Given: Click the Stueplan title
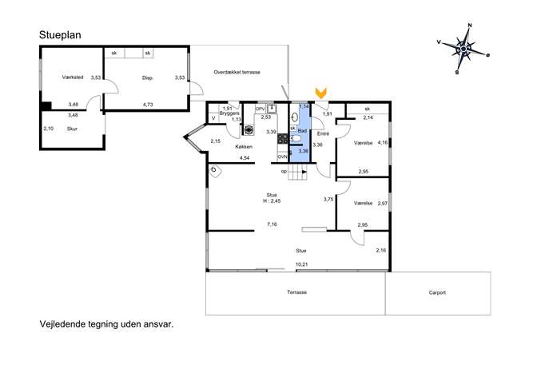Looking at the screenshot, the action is (60, 35).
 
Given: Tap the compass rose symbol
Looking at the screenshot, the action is (463, 49).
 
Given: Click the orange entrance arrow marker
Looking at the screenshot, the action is (320, 93).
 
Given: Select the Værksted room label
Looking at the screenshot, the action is (73, 77).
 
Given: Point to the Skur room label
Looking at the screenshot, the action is (72, 129).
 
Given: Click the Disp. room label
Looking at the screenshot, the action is (148, 78).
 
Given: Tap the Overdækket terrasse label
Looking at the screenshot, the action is (237, 73).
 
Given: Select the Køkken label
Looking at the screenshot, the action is (244, 147).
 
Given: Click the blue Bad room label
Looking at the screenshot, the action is (302, 130).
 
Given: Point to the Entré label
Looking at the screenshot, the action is (323, 133).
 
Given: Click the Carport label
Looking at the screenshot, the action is (437, 292).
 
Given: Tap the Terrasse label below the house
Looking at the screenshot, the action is (297, 292).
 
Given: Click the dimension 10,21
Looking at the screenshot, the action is (302, 264).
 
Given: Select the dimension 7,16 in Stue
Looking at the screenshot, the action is (272, 224).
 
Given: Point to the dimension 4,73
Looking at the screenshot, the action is (148, 105).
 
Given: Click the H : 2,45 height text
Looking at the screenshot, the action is (272, 201).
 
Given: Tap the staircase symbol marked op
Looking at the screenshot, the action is (297, 173).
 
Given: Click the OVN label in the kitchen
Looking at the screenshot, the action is (282, 157).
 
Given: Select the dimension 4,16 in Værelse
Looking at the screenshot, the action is (383, 142).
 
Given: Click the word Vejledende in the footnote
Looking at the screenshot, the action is (62, 324).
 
